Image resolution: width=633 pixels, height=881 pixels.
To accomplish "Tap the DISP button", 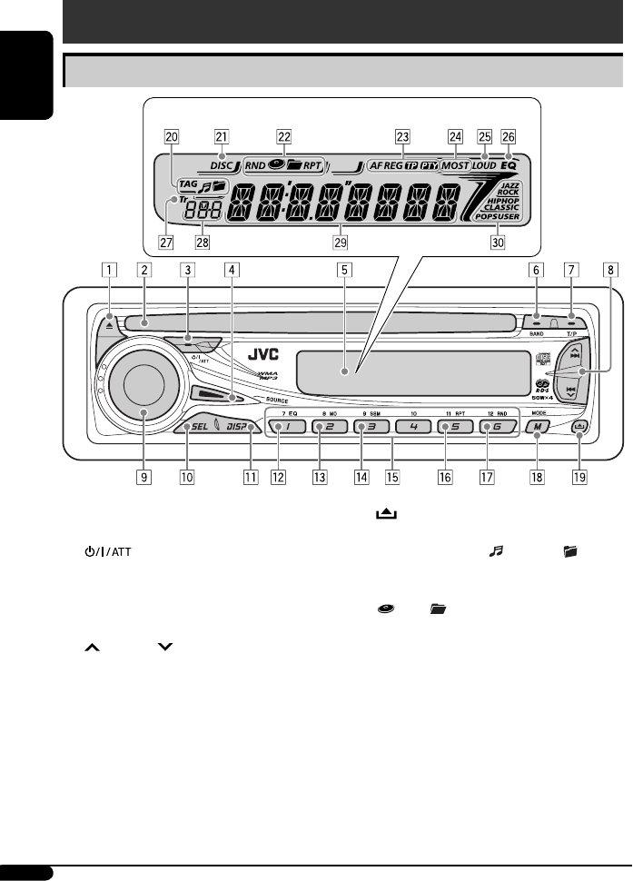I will pos(237,426).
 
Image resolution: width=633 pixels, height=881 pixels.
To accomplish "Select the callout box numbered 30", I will pos(498,243).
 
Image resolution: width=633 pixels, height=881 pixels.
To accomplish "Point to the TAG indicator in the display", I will pos(189,183).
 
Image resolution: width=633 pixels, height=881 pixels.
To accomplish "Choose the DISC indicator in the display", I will pos(223,166).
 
